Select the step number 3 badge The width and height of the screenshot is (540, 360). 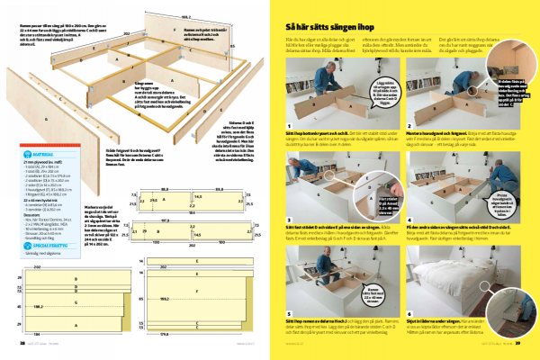pyautogui.click(x=288, y=219)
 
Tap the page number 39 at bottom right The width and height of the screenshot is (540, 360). pyautogui.click(x=530, y=343)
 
